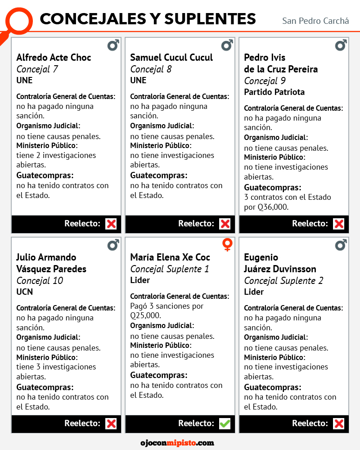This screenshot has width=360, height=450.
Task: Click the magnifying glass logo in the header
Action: [19, 21]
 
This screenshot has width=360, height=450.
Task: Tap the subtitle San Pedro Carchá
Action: [315, 21]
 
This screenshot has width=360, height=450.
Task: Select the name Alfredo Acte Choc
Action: [54, 57]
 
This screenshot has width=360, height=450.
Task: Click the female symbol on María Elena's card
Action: [227, 245]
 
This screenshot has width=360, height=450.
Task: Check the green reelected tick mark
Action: [225, 423]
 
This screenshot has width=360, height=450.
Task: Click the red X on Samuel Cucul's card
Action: [225, 224]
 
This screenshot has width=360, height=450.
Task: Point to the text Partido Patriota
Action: [274, 92]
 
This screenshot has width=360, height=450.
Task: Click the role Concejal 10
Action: [40, 280]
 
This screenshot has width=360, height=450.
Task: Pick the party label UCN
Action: [25, 292]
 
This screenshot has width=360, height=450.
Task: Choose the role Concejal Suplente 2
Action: [283, 280]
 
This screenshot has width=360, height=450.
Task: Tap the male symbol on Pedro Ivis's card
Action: [341, 45]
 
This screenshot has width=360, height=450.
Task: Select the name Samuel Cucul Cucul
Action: [171, 57]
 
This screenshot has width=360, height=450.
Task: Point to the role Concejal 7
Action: [37, 69]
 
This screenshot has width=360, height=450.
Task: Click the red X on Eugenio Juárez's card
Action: [338, 423]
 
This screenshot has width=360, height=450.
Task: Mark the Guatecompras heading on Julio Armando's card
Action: [45, 387]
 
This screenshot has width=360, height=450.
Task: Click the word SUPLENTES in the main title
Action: [210, 19]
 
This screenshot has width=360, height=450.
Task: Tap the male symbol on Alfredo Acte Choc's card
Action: [113, 45]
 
